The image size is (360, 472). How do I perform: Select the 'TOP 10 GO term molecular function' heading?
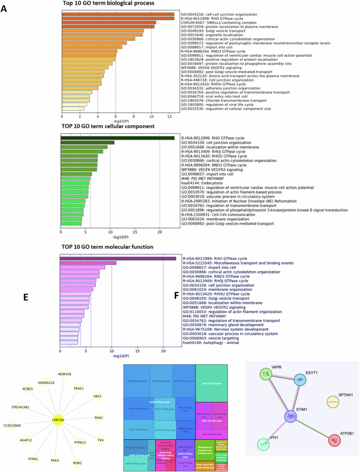click(107, 247)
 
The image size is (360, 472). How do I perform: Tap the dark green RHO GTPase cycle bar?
click(117, 138)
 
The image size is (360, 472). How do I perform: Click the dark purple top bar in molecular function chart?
click(118, 259)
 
